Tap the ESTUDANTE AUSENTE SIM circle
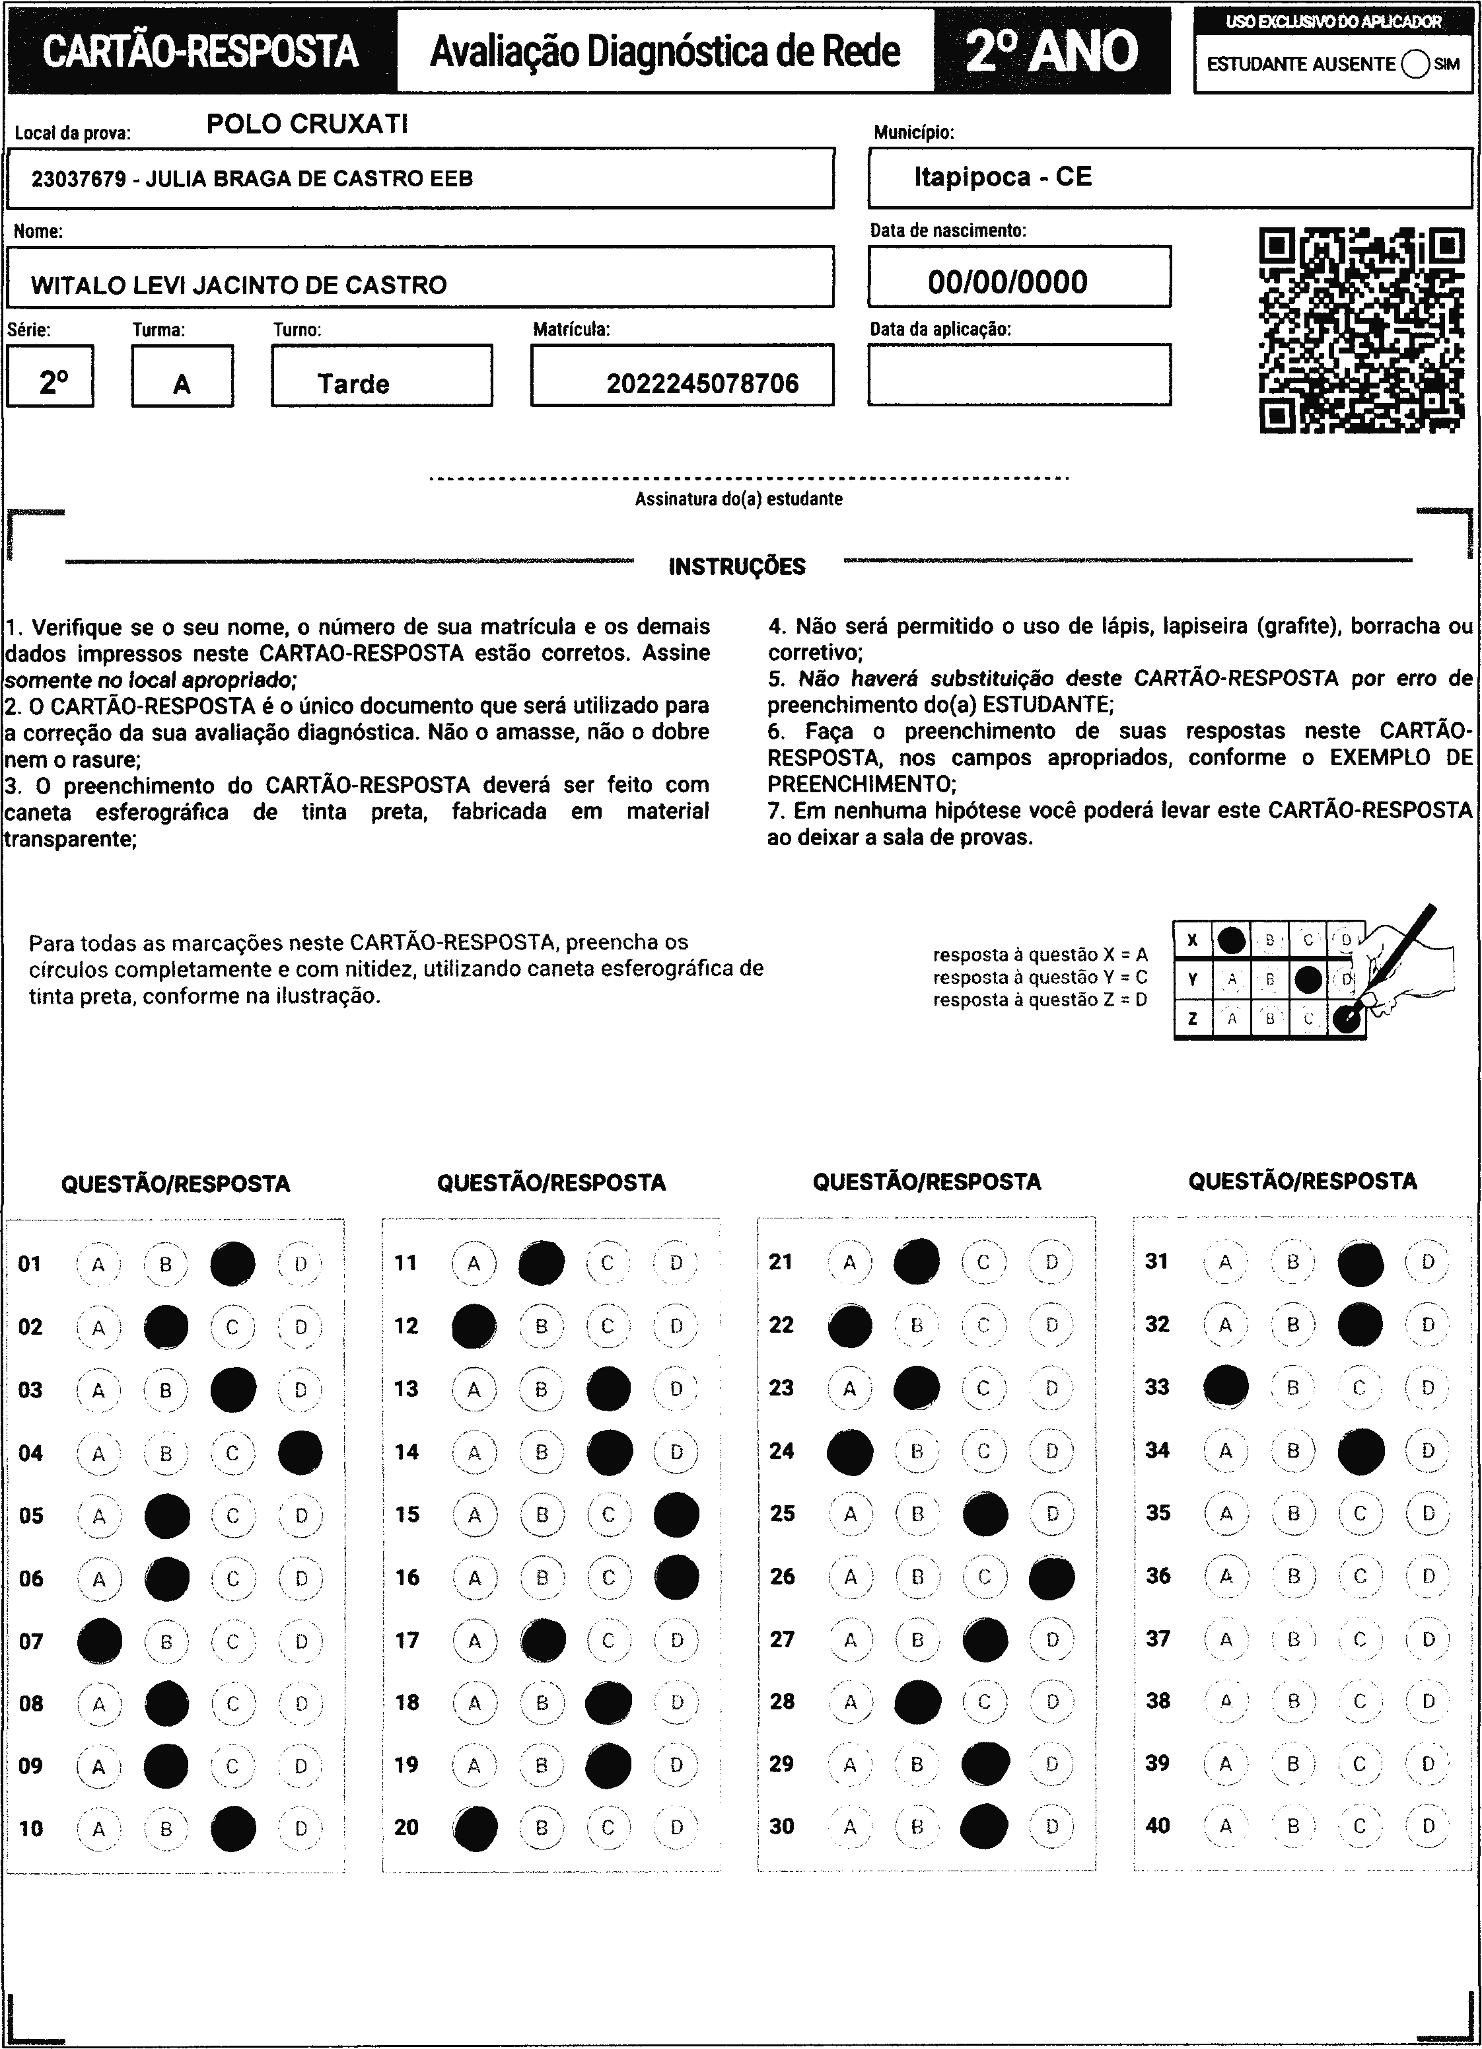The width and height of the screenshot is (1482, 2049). (x=1416, y=64)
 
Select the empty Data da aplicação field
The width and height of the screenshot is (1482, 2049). (x=1018, y=375)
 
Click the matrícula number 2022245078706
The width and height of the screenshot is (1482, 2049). (x=702, y=384)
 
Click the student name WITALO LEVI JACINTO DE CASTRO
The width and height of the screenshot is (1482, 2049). (x=238, y=285)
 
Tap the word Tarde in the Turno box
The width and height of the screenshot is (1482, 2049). (x=353, y=384)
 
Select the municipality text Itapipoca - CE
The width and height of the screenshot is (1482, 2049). (x=1003, y=176)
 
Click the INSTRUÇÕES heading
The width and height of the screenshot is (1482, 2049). (x=737, y=566)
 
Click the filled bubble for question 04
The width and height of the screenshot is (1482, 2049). (x=300, y=1453)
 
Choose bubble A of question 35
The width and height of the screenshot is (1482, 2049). (x=1226, y=1513)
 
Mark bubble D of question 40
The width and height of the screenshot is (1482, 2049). (x=1428, y=1826)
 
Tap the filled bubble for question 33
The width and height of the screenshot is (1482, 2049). (x=1226, y=1387)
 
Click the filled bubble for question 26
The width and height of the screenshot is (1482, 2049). (x=1052, y=1577)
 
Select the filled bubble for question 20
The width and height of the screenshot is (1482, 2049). (x=476, y=1828)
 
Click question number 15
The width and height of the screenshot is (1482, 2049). (x=407, y=1514)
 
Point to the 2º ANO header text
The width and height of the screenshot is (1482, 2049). (x=1051, y=51)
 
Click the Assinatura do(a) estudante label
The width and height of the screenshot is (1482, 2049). (x=739, y=499)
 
